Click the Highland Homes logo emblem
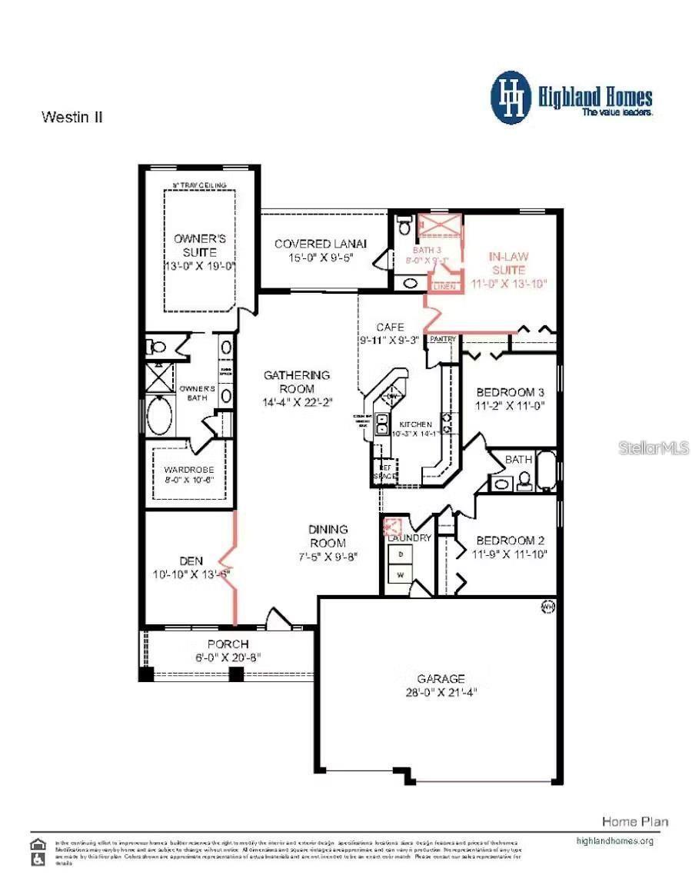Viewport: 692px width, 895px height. point(511,98)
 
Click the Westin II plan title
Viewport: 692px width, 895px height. point(72,118)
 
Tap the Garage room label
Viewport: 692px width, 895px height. point(441,679)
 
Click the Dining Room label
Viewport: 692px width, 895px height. point(328,536)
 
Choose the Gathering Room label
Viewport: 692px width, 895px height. point(297,382)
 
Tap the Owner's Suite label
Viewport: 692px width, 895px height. point(199,245)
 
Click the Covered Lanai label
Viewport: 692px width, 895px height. point(321,244)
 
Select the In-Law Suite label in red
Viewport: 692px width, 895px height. point(508,263)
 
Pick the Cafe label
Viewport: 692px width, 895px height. point(390,328)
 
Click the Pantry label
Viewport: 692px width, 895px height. point(443,339)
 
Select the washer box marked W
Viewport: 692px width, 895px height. point(400,574)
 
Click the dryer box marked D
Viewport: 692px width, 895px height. point(400,554)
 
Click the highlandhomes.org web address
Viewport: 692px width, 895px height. point(614,840)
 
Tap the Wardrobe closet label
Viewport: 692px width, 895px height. point(183,470)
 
